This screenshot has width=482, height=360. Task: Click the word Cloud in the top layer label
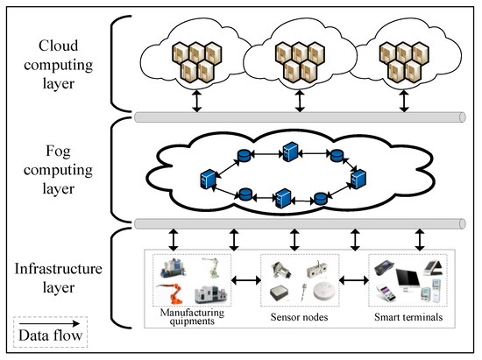click(x=59, y=46)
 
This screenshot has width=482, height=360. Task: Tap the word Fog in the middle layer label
click(x=59, y=152)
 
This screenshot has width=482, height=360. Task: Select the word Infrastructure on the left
click(x=59, y=269)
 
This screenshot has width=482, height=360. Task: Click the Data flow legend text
click(x=51, y=335)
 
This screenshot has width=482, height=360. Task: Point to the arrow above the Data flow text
click(x=49, y=323)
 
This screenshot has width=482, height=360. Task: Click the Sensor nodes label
click(x=299, y=317)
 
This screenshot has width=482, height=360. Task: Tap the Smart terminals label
click(x=408, y=317)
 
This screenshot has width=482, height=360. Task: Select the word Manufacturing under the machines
click(x=192, y=313)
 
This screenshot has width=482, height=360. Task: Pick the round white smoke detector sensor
click(x=324, y=291)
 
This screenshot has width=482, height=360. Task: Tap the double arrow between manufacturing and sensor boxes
click(x=246, y=280)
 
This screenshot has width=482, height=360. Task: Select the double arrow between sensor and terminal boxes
click(x=354, y=280)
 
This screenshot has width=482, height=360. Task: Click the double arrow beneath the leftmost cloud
click(x=196, y=101)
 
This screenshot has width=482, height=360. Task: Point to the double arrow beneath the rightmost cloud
click(x=404, y=101)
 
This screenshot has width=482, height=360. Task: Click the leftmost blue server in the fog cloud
click(x=208, y=179)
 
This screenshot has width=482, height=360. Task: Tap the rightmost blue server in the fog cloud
click(x=358, y=179)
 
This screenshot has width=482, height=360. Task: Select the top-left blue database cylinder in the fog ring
click(x=245, y=155)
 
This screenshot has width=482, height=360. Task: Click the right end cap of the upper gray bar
click(x=462, y=117)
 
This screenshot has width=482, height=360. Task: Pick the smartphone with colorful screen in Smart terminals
click(x=386, y=293)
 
